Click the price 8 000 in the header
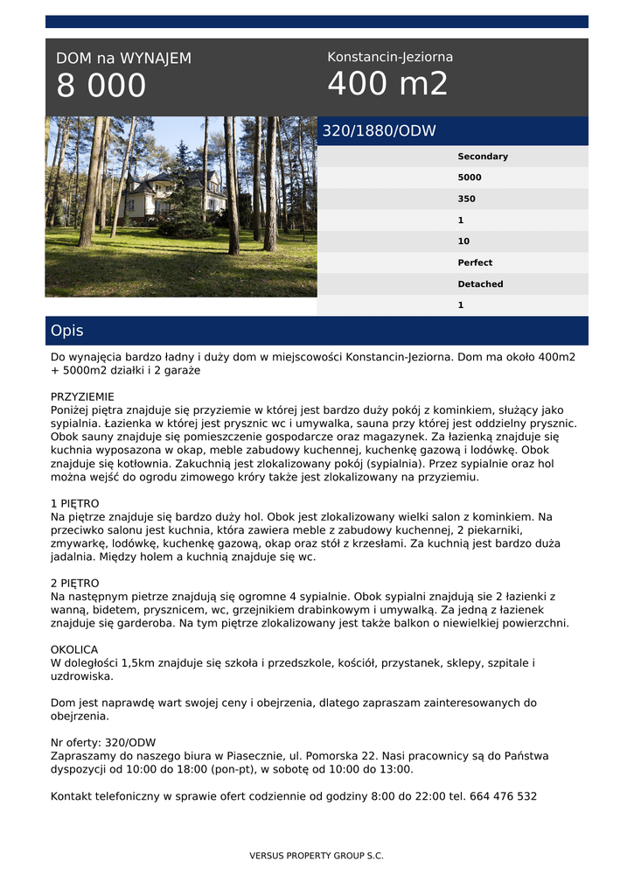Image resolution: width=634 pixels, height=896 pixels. tap(101, 86)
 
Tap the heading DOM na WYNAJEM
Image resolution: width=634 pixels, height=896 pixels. tap(123, 59)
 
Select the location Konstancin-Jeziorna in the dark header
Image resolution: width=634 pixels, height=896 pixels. tap(390, 57)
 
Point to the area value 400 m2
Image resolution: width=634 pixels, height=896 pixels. tap(387, 84)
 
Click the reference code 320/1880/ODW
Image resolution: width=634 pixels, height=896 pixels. tap(380, 131)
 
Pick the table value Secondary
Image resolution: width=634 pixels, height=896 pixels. tap(483, 157)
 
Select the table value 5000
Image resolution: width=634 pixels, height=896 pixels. tap(470, 178)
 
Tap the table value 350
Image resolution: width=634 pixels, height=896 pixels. tap(467, 199)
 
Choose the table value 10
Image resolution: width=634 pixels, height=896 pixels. tap(463, 241)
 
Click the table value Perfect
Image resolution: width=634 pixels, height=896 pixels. tap(475, 262)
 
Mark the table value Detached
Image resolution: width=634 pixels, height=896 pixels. tap(480, 284)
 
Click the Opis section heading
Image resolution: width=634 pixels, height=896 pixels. tap(67, 331)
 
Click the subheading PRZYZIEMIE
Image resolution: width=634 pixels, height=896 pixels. tap(82, 396)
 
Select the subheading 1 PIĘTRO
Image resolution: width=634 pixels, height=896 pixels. tap(75, 504)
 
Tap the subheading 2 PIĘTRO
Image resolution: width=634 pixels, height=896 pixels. tap(75, 583)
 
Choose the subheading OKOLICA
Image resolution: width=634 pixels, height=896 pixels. tap(74, 650)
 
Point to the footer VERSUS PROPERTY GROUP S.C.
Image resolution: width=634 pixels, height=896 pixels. tap(317, 856)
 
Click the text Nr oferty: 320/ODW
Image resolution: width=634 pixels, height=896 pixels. tap(103, 743)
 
